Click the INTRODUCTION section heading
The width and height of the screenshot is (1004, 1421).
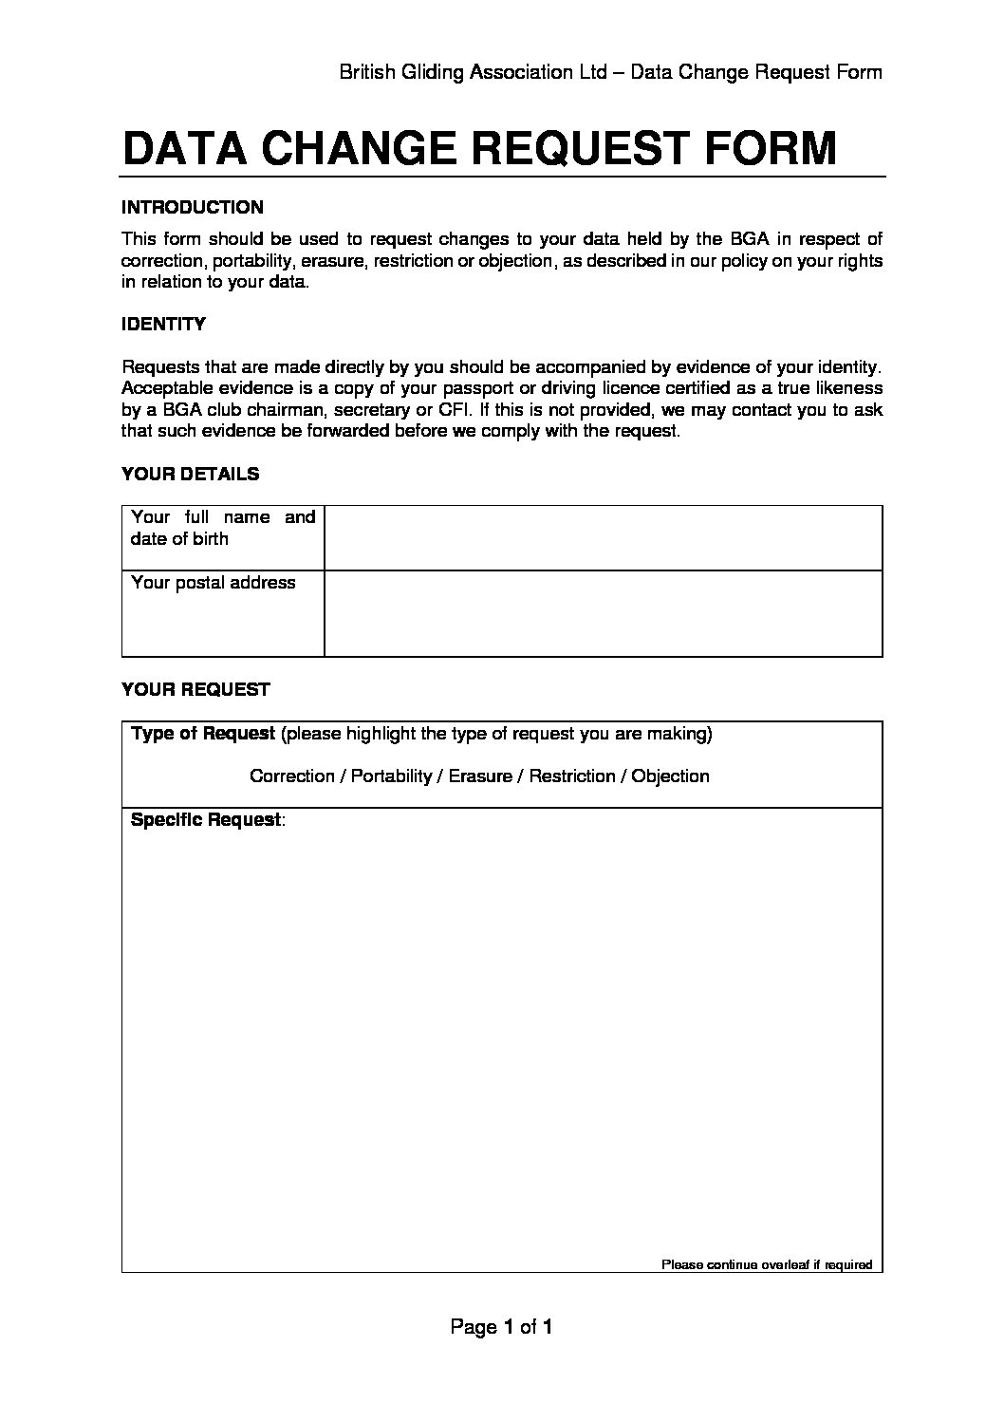193,207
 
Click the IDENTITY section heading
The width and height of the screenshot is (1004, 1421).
163,324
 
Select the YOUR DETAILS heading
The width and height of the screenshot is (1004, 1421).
190,474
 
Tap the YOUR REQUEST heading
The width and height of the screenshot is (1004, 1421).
195,689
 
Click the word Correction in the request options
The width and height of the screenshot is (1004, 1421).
291,776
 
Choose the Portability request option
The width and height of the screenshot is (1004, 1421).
391,776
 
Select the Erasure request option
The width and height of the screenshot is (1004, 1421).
480,776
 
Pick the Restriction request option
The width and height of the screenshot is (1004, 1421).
571,776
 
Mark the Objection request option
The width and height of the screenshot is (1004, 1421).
670,776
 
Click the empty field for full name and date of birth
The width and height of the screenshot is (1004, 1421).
603,537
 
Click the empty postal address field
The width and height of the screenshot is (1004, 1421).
603,612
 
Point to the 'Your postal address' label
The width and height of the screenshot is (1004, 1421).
213,583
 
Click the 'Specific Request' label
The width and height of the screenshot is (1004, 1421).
206,819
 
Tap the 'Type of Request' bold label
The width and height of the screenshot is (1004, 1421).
203,733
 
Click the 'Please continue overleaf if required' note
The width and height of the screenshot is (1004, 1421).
766,1264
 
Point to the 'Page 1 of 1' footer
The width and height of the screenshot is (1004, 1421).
501,1326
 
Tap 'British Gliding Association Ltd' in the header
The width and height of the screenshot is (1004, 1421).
473,72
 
